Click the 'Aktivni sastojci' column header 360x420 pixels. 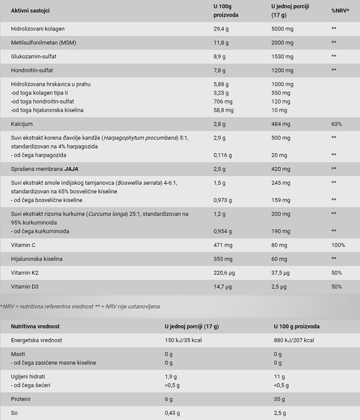point(30,11)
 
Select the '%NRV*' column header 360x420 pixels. point(340,11)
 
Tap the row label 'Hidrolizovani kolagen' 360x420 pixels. point(37,29)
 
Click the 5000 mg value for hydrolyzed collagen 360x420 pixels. point(282,29)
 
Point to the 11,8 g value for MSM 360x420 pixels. point(221,43)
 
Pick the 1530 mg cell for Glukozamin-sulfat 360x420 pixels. point(282,56)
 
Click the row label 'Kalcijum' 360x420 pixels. point(22,124)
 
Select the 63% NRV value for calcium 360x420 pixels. point(336,124)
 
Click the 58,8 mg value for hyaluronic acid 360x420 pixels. point(223,110)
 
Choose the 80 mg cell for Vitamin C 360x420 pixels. point(279,245)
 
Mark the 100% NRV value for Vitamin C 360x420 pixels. point(338,245)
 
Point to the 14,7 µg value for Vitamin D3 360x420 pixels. point(223,286)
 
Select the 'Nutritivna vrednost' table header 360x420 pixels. point(36,326)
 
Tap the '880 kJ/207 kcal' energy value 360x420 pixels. point(294,340)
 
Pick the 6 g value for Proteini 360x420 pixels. point(168,399)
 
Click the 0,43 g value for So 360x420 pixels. point(171,413)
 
